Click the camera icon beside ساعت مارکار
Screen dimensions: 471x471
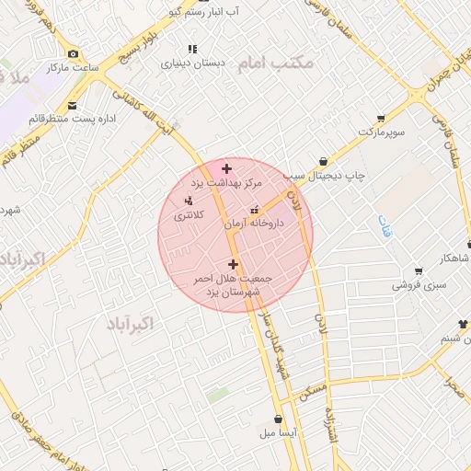[x=72, y=55]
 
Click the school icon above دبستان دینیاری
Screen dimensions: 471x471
[x=191, y=49]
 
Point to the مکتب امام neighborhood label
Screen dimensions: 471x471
[x=275, y=63]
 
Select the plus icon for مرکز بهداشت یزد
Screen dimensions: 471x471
[x=226, y=168]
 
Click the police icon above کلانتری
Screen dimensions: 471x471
[x=190, y=200]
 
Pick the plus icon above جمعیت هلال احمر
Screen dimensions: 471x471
[x=233, y=264]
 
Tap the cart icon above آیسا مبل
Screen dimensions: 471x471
[x=278, y=419]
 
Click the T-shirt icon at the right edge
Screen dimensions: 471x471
[x=462, y=324]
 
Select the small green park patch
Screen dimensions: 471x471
[x=218, y=395]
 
